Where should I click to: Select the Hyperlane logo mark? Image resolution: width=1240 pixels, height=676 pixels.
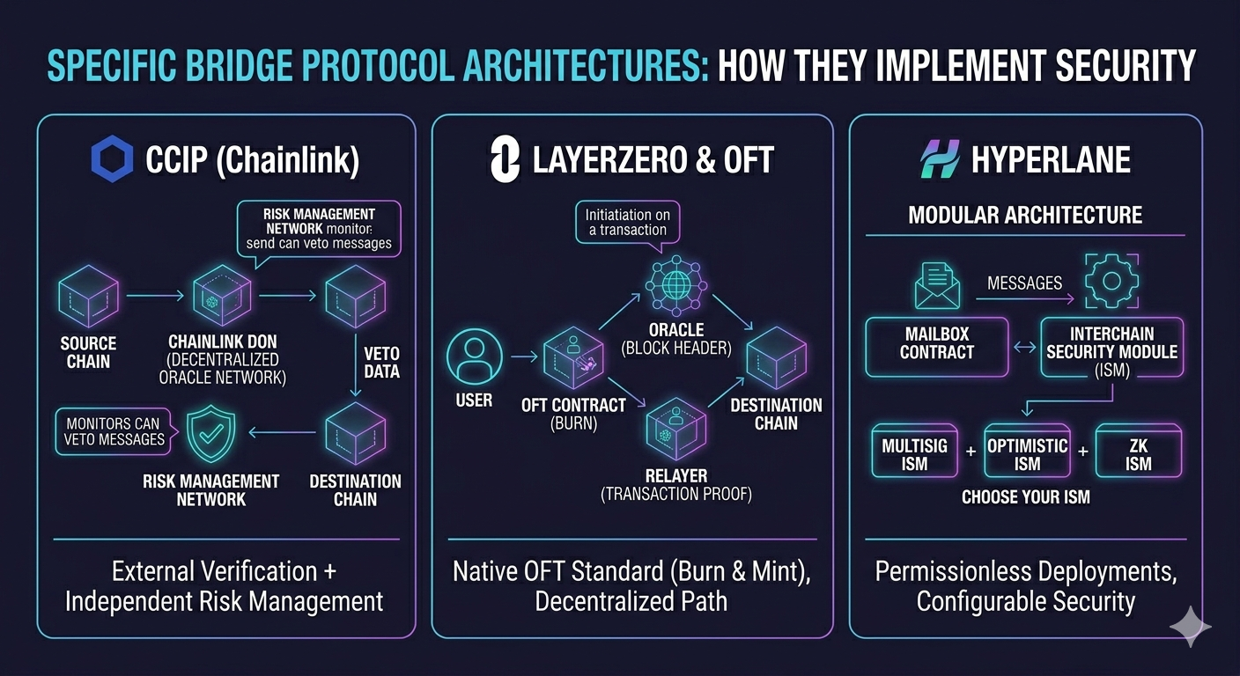click(x=938, y=160)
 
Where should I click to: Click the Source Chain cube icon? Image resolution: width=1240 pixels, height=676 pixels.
click(x=88, y=296)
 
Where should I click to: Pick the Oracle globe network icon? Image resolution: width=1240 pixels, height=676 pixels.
click(x=675, y=283)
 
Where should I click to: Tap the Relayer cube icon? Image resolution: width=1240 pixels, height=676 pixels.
click(x=675, y=428)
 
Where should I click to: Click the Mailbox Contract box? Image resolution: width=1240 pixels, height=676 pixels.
click(x=937, y=346)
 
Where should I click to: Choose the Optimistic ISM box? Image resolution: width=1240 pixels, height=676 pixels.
click(x=1027, y=453)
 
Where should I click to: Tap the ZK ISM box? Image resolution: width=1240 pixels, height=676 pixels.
click(x=1138, y=453)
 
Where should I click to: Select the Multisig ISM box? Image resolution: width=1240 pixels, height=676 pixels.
click(x=914, y=453)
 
